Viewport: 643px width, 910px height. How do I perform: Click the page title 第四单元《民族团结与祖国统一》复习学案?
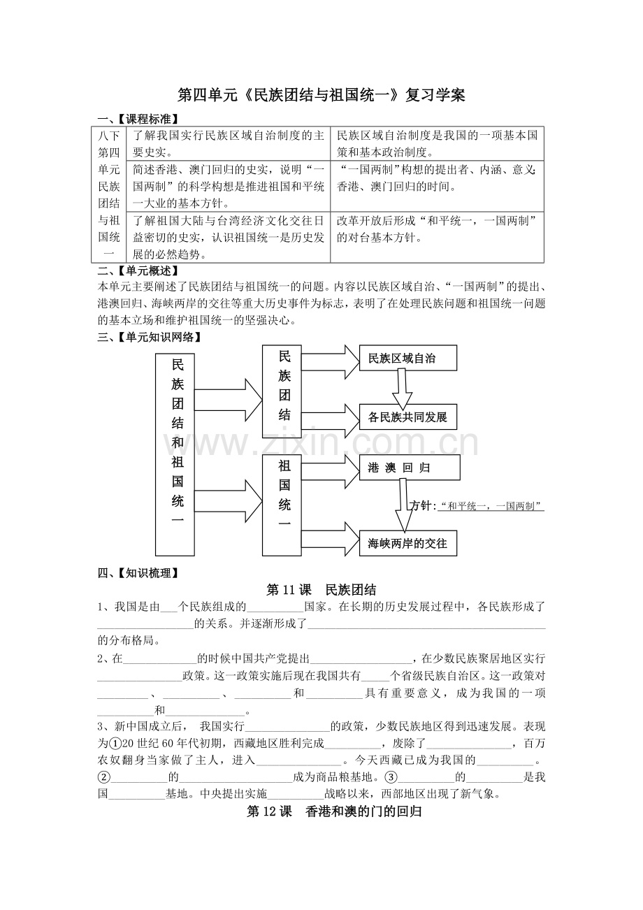tap(321, 95)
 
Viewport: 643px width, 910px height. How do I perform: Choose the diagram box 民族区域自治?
tap(408, 358)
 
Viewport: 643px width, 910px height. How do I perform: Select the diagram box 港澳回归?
tap(410, 468)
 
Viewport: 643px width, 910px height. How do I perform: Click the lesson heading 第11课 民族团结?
tap(321, 590)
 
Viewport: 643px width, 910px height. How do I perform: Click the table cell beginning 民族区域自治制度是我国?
tap(440, 143)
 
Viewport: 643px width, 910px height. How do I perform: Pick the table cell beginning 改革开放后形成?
tap(440, 229)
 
